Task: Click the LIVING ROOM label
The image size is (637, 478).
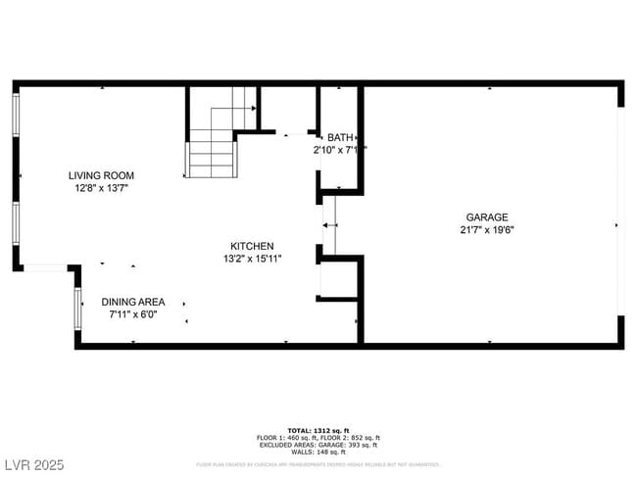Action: [101, 175]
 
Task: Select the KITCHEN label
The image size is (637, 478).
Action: [252, 246]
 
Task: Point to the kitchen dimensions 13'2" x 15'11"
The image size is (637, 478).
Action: [252, 259]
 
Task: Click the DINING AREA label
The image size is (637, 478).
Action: [133, 302]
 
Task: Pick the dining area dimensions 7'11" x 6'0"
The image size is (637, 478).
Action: [133, 314]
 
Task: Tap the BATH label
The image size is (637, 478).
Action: [340, 137]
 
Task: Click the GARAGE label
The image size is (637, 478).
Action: [486, 217]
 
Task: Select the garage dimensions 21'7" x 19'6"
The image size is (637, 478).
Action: [486, 230]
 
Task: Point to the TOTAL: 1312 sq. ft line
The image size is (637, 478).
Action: [318, 430]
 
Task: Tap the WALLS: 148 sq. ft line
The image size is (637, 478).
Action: [318, 452]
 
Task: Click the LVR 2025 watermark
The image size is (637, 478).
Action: [32, 463]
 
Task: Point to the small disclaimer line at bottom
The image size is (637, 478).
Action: [318, 464]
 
